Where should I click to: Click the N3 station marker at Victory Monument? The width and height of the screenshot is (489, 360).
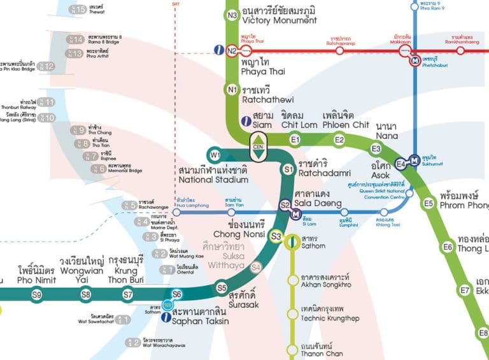coord(232,15)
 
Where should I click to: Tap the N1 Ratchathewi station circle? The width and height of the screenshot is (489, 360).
coord(232,89)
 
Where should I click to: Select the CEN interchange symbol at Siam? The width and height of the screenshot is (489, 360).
coord(259,146)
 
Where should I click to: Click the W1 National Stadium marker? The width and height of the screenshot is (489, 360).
coord(215,155)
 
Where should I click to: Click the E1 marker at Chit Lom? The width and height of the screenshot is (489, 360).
coord(295,140)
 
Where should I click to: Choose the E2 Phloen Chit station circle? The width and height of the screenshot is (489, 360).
coord(339,140)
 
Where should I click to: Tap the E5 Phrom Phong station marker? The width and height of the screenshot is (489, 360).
coord(429,204)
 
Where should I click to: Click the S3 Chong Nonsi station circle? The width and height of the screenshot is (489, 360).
coord(276,236)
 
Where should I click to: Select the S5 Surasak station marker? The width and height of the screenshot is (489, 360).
coord(222,288)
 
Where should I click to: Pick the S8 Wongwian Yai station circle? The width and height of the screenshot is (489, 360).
coord(85,294)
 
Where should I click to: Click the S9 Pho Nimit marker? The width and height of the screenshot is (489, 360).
coord(37,294)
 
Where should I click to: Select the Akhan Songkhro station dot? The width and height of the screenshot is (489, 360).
coord(293,280)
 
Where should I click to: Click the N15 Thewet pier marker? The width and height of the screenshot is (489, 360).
coord(79,10)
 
